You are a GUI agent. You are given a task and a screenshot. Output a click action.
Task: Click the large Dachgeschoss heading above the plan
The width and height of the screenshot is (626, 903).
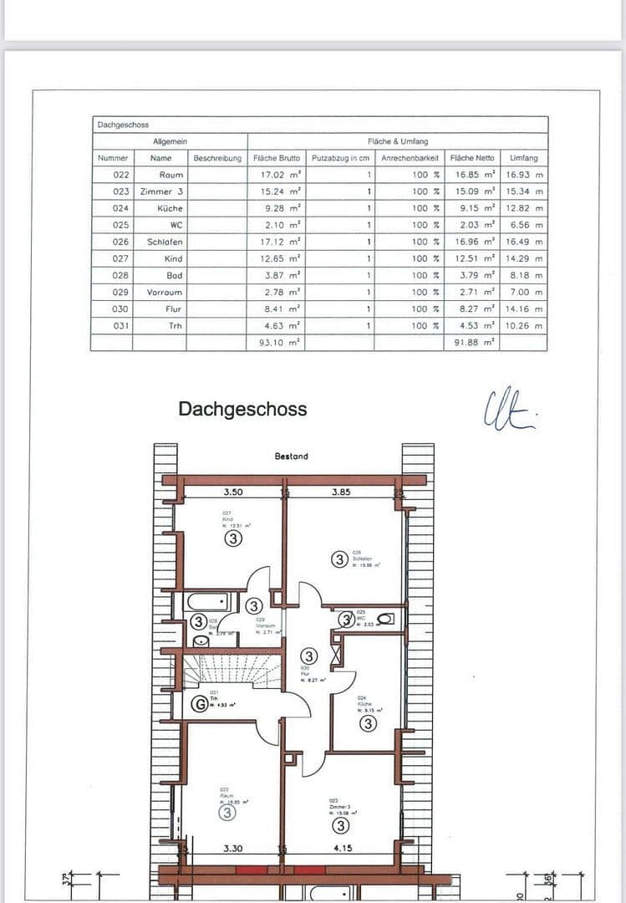pos(242,410)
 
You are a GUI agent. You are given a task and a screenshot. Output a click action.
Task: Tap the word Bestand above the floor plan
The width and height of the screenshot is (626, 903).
pos(291,457)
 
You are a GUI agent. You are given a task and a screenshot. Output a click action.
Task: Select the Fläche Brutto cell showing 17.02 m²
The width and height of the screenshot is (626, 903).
pos(279,175)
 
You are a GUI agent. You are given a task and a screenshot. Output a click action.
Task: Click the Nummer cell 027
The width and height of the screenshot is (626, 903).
pos(120,258)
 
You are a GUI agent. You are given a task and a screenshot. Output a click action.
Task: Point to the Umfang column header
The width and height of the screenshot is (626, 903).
pos(524,157)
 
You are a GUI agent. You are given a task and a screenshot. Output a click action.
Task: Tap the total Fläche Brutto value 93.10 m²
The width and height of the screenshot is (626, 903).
pos(279,343)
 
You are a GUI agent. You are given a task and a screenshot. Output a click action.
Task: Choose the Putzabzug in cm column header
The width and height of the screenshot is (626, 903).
pos(340,157)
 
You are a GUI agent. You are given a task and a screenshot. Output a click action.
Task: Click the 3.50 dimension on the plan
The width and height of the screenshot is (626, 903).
pos(232,492)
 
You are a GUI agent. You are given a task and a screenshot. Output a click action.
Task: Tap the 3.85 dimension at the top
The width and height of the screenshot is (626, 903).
pos(341,492)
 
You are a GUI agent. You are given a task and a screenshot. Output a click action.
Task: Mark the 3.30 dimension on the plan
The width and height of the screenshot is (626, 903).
pos(233,849)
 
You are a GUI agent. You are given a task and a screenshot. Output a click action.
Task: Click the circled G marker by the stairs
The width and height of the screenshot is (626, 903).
pos(200,704)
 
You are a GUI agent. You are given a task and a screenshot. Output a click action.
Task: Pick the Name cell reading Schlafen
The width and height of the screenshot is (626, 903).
pos(165,242)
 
